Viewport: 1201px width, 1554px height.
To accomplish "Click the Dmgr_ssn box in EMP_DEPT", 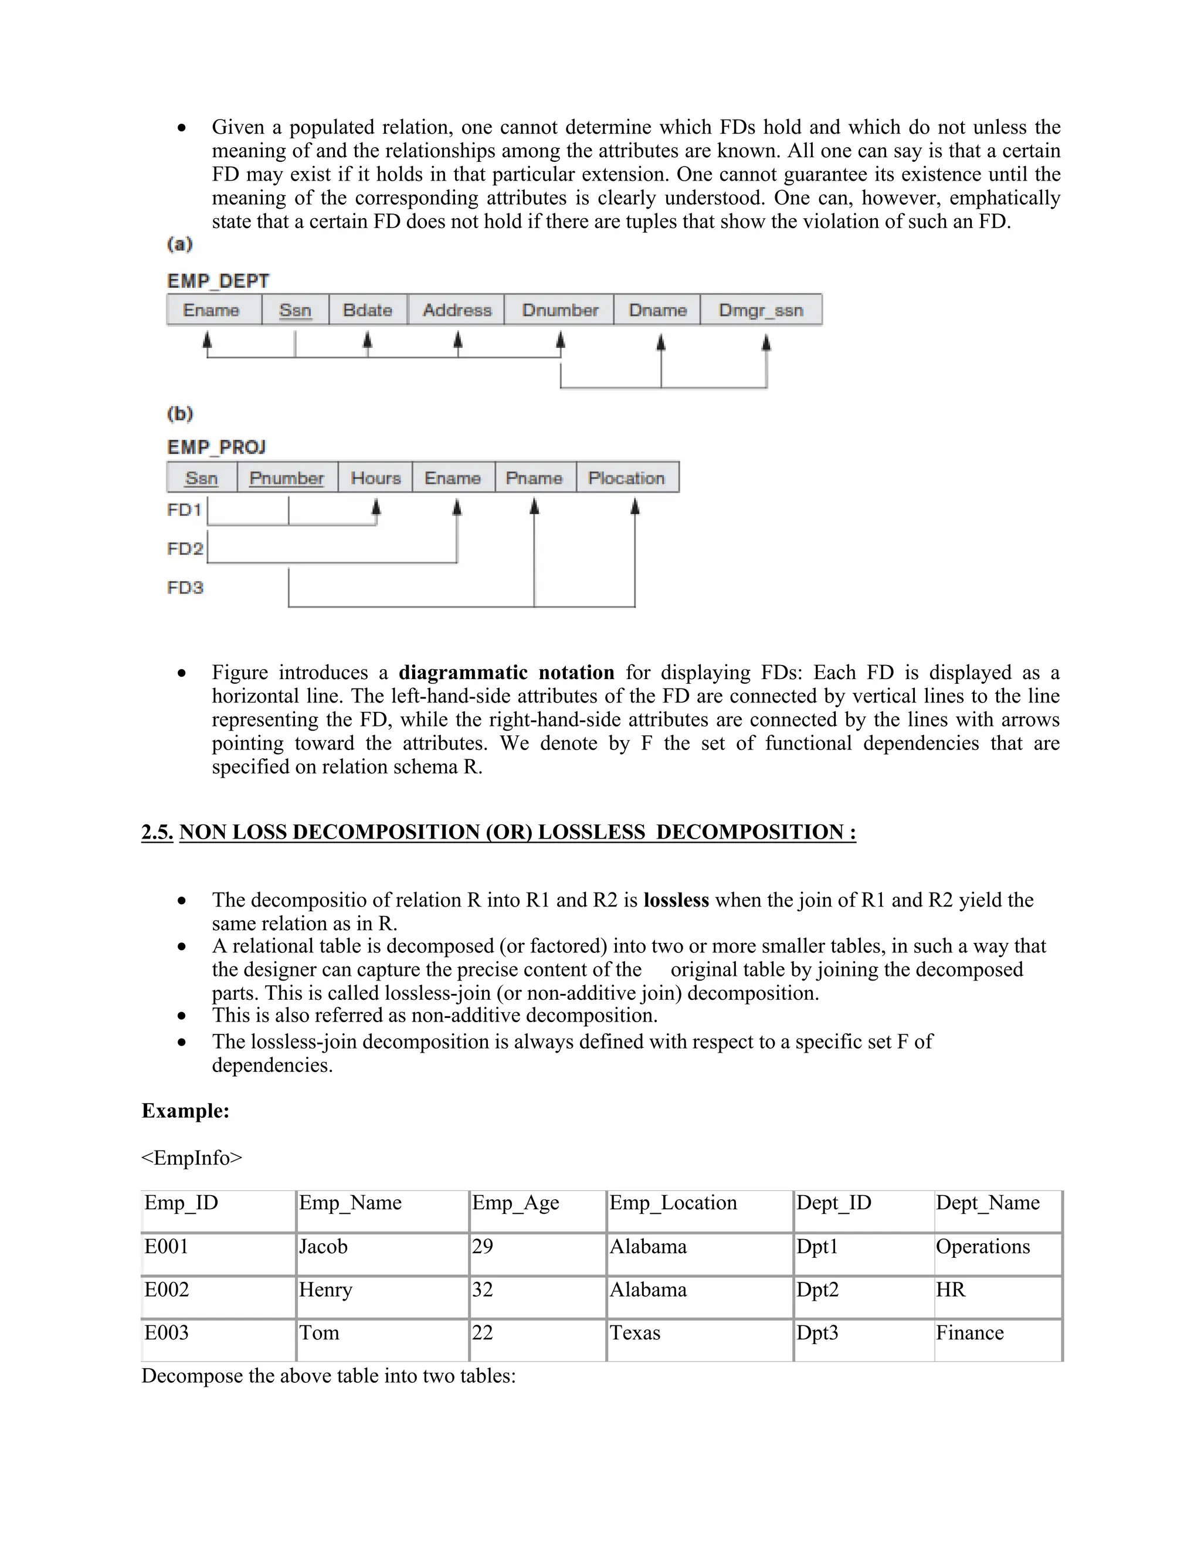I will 761,310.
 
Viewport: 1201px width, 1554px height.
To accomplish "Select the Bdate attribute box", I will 368,310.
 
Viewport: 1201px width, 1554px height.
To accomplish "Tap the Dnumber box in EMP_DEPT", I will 560,310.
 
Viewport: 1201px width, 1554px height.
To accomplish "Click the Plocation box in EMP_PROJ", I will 627,477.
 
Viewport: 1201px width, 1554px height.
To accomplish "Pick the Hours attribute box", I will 376,477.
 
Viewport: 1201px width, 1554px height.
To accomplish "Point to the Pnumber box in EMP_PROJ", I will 287,477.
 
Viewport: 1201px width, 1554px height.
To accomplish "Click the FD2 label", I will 185,549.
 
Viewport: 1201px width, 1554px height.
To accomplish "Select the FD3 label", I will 185,588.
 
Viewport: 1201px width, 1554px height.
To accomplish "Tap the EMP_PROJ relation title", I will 216,447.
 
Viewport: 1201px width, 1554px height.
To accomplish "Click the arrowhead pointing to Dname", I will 661,343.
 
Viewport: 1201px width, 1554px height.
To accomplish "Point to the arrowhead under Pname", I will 534,506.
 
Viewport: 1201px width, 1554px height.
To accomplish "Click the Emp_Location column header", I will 673,1203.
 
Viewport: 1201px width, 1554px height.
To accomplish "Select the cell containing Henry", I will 325,1290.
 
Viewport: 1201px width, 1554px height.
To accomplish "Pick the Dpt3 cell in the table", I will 817,1333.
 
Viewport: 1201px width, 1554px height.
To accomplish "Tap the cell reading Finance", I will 969,1333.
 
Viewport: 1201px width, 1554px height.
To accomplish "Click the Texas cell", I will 635,1333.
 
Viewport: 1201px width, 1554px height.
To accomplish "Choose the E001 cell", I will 167,1247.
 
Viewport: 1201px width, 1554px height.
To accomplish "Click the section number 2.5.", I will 157,832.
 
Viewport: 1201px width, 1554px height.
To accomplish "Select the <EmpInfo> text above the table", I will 191,1158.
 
